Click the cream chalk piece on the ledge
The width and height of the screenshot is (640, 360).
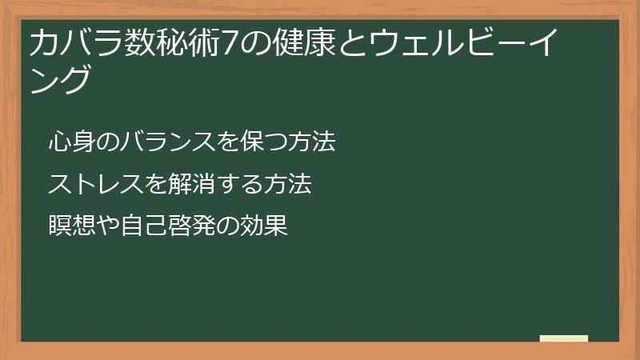(x=564, y=338)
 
